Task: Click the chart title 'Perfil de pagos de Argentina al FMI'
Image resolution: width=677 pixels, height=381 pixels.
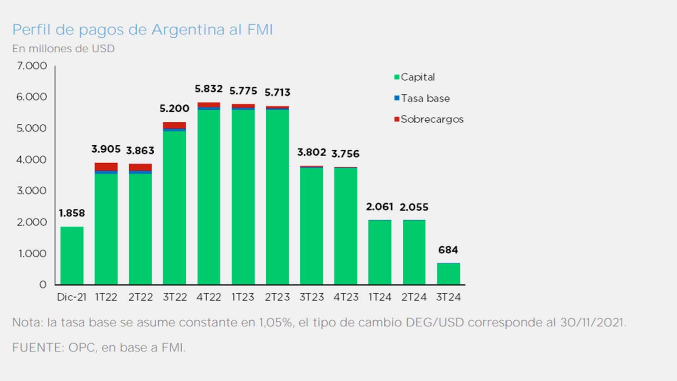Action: click(x=142, y=30)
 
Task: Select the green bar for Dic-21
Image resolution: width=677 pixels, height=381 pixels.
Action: click(x=72, y=256)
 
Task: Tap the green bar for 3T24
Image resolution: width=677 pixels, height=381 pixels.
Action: click(x=448, y=274)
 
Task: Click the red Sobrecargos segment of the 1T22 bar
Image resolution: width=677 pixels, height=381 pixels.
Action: click(x=106, y=167)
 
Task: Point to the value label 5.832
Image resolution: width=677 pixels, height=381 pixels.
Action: click(x=209, y=89)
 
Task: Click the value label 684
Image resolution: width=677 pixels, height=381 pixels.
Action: click(x=448, y=250)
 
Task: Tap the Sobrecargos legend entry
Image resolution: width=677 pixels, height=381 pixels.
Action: click(x=428, y=119)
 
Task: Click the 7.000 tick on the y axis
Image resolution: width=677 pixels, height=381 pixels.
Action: click(x=32, y=66)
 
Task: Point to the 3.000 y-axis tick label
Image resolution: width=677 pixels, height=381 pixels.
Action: click(x=32, y=191)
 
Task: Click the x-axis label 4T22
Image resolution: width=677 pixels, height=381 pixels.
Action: click(x=209, y=297)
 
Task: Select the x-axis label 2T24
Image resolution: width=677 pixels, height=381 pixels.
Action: click(x=414, y=297)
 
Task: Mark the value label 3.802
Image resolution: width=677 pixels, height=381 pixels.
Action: click(x=311, y=152)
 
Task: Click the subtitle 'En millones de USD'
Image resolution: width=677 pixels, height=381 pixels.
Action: click(x=63, y=49)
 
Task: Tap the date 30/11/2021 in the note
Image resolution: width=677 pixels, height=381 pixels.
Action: click(x=592, y=322)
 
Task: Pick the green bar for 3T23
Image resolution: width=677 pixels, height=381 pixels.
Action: click(x=311, y=226)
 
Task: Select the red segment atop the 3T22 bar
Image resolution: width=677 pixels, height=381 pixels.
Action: click(x=174, y=125)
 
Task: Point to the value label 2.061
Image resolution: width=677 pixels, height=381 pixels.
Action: click(x=379, y=207)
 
